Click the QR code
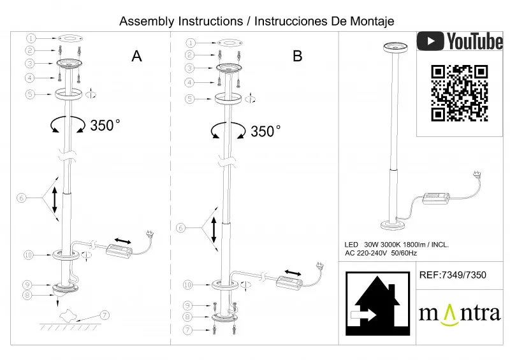pyautogui.click(x=459, y=93)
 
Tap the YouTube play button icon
pyautogui.click(x=431, y=41)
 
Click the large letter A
pyautogui.click(x=136, y=56)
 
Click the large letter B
pyautogui.click(x=297, y=56)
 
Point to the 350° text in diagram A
pyautogui.click(x=105, y=125)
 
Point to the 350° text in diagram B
pyautogui.click(x=266, y=131)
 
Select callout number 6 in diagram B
pyautogui.click(x=181, y=227)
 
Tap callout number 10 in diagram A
pyautogui.click(x=28, y=255)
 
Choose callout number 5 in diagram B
pyautogui.click(x=190, y=99)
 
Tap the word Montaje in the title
pyautogui.click(x=372, y=21)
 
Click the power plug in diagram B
pyautogui.click(x=316, y=265)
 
